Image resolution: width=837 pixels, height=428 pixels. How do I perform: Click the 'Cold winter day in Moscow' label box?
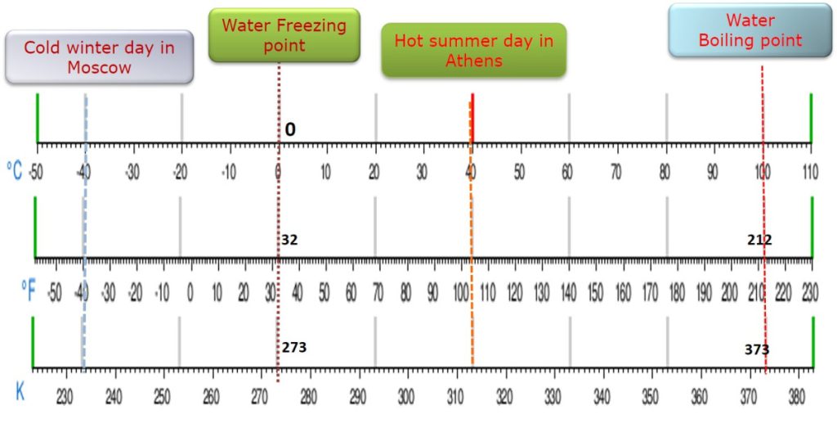coord(99,57)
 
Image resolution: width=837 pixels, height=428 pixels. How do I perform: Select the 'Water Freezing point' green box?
coord(284,35)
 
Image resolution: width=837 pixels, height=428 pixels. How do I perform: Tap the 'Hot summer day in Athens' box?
coord(473,51)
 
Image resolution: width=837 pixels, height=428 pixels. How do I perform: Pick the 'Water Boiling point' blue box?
coord(750,30)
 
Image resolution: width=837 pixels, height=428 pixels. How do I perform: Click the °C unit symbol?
coord(16,170)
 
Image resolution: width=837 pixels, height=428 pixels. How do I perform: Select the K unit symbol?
coord(20,392)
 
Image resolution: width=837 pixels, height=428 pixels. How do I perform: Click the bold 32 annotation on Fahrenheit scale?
coord(289,240)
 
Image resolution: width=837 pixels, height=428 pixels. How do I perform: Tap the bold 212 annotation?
coord(759,240)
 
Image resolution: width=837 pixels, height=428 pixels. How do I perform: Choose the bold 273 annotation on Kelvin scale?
coord(294,347)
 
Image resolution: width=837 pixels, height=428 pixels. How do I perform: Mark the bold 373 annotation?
coord(756,349)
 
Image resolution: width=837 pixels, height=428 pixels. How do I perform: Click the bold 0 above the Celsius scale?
coord(290,130)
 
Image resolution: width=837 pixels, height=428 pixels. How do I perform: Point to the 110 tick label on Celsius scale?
coord(811,172)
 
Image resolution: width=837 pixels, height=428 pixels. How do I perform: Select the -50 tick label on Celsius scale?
coord(35,172)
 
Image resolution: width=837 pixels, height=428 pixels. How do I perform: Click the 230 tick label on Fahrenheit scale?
coord(810,291)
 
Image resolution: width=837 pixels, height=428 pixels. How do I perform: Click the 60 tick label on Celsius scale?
coord(568,172)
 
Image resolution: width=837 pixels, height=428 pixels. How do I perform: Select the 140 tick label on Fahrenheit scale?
coord(569,291)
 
